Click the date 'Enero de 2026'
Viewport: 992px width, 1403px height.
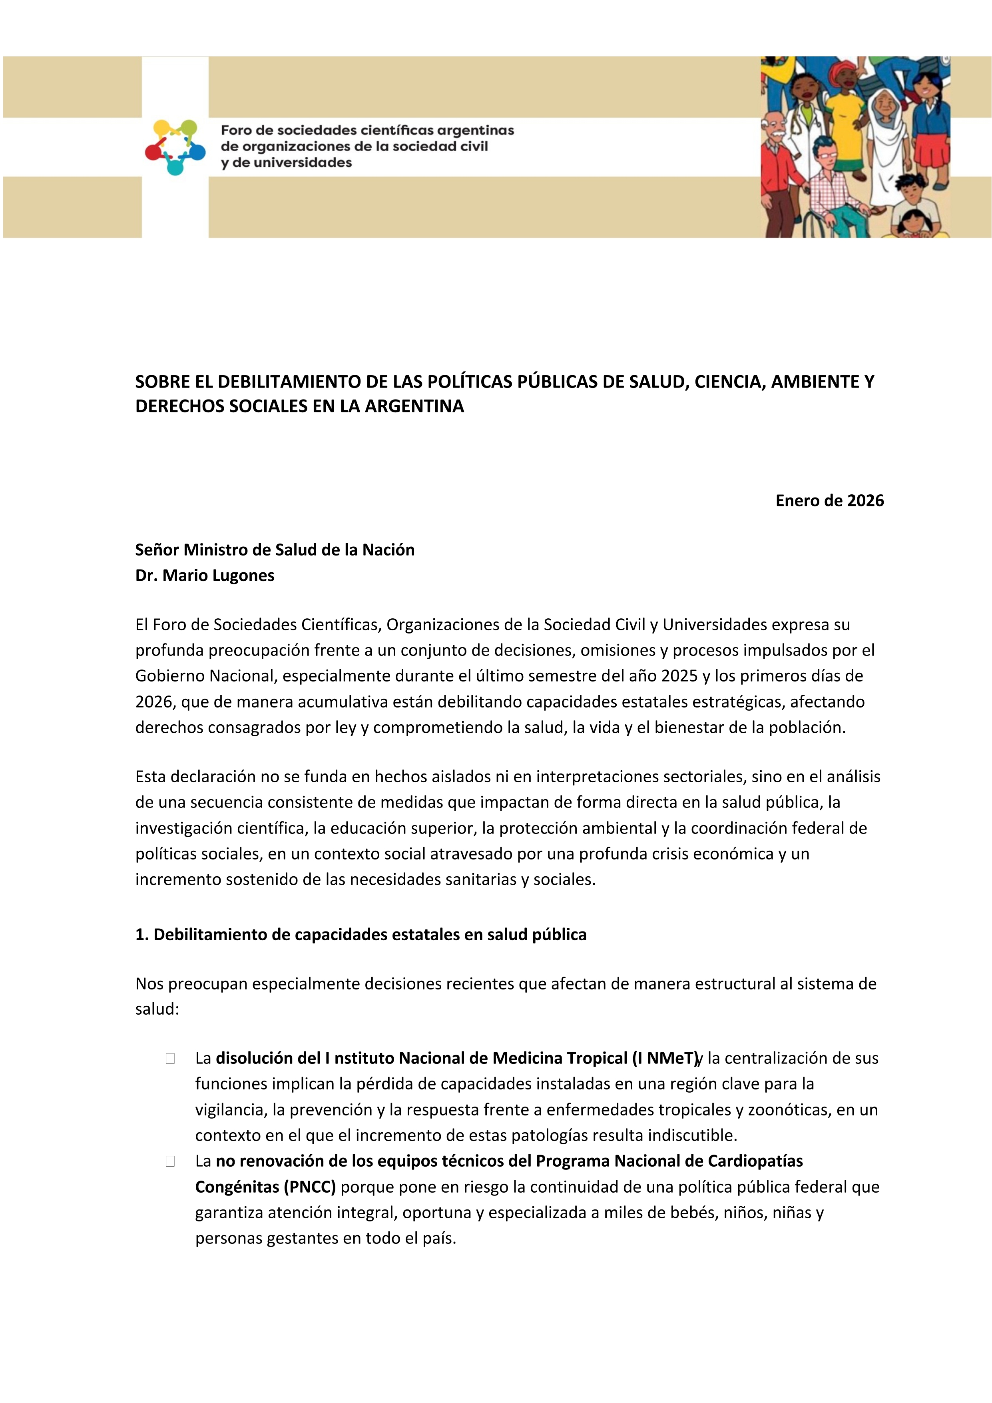click(x=829, y=501)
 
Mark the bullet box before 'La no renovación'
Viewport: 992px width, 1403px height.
click(x=170, y=1161)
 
